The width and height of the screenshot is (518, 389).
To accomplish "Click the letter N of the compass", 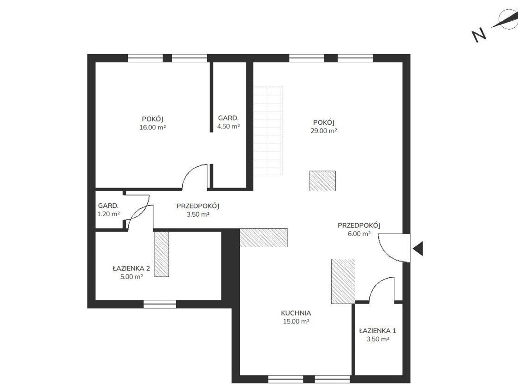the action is pyautogui.click(x=479, y=34).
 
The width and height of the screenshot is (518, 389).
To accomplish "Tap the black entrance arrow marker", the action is pyautogui.click(x=418, y=249).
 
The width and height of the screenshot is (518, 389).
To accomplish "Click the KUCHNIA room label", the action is pyautogui.click(x=296, y=313).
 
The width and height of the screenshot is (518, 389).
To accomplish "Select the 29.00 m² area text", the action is pyautogui.click(x=324, y=131).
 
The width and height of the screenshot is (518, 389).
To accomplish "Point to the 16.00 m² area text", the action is pyautogui.click(x=153, y=128).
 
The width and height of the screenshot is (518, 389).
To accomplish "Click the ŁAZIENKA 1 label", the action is pyautogui.click(x=378, y=330).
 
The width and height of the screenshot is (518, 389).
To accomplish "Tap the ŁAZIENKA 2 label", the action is pyautogui.click(x=131, y=268).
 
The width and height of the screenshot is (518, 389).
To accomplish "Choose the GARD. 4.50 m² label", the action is pyautogui.click(x=228, y=122).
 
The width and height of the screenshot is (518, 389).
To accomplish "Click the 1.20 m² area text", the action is pyautogui.click(x=108, y=214).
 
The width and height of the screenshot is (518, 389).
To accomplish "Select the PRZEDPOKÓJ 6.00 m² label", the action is pyautogui.click(x=359, y=230).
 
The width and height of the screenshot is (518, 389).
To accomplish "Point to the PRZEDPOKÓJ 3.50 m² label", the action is pyautogui.click(x=198, y=210).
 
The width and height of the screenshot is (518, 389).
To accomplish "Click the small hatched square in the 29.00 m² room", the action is pyautogui.click(x=322, y=181).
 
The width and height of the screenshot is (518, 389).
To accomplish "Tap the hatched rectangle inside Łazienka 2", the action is pyautogui.click(x=161, y=254).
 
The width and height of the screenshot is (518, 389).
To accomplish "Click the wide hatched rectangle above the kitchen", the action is pyautogui.click(x=264, y=237).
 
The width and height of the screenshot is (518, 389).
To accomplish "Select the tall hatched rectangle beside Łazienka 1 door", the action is pyautogui.click(x=343, y=281).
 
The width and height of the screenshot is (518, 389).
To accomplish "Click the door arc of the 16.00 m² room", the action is pyautogui.click(x=191, y=171).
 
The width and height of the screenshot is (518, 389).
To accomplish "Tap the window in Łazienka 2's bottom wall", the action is pyautogui.click(x=160, y=304).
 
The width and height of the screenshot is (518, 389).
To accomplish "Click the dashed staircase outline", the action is pyautogui.click(x=268, y=131).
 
